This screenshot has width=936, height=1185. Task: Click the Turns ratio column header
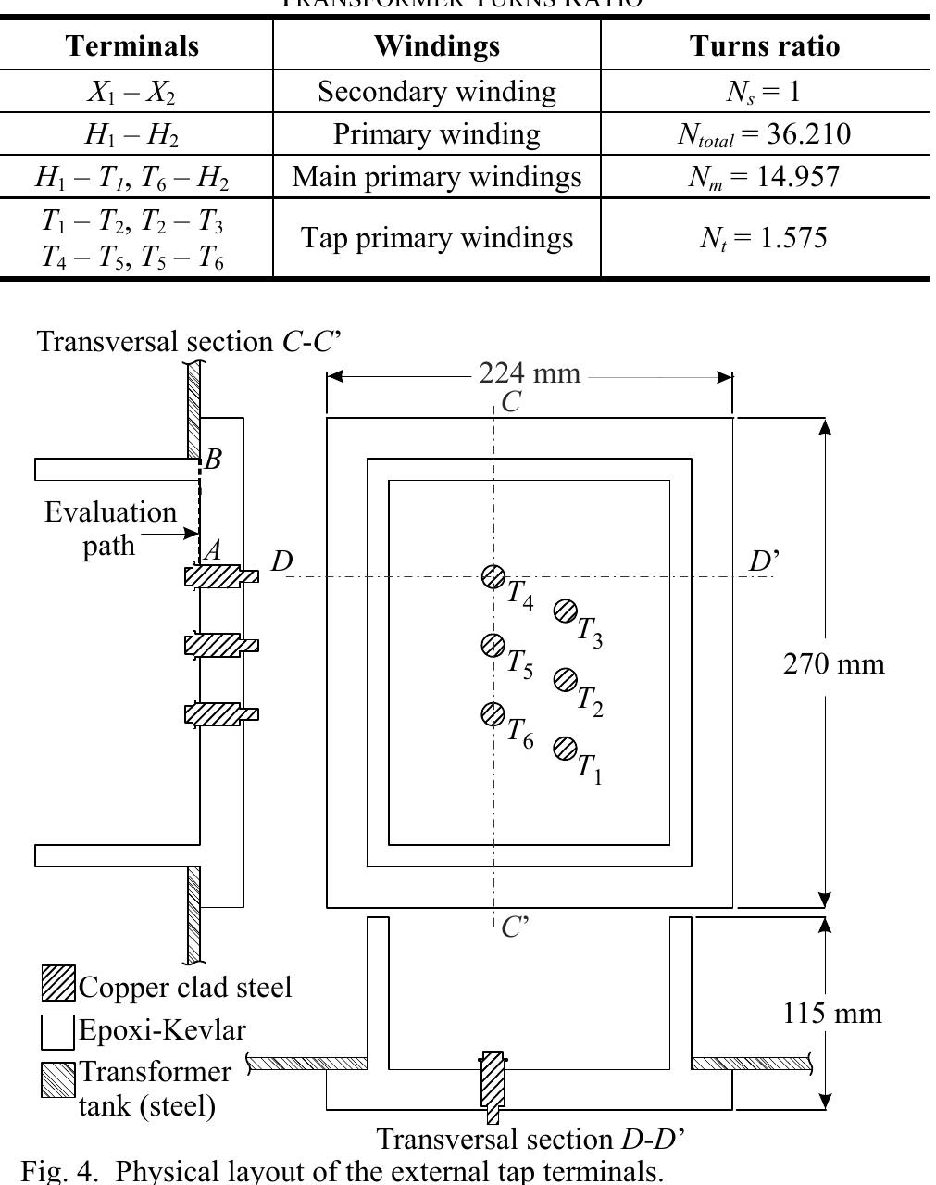pyautogui.click(x=765, y=46)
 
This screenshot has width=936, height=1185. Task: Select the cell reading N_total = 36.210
pyautogui.click(x=765, y=134)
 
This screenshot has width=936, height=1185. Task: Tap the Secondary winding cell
pyautogui.click(x=437, y=91)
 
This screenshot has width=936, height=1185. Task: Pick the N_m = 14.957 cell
pyautogui.click(x=765, y=177)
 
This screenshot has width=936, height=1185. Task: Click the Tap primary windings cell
pyautogui.click(x=437, y=238)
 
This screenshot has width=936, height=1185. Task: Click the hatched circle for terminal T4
pyautogui.click(x=493, y=577)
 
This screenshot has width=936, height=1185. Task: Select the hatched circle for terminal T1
pyautogui.click(x=565, y=749)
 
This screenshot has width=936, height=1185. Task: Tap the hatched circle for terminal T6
pyautogui.click(x=493, y=714)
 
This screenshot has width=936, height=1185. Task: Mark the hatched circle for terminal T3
pyautogui.click(x=565, y=611)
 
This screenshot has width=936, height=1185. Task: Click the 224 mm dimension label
pyautogui.click(x=530, y=373)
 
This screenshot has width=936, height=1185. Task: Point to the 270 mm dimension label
pyautogui.click(x=833, y=664)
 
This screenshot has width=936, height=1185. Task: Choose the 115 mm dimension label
pyautogui.click(x=832, y=1013)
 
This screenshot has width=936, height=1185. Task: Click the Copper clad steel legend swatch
pyautogui.click(x=58, y=983)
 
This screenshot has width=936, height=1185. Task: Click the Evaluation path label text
pyautogui.click(x=110, y=528)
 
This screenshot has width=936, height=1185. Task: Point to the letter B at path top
pyautogui.click(x=213, y=460)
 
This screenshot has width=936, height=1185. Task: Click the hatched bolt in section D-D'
pyautogui.click(x=493, y=1084)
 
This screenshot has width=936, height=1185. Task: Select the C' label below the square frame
pyautogui.click(x=514, y=927)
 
